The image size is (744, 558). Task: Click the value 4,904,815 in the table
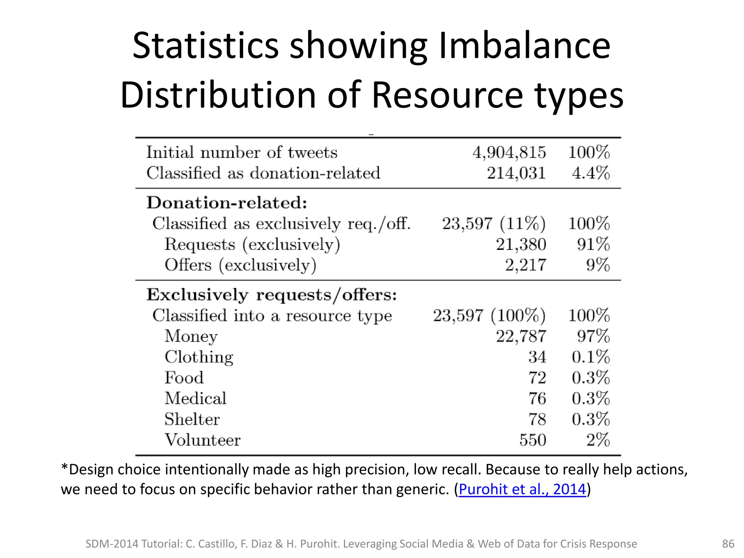pyautogui.click(x=509, y=153)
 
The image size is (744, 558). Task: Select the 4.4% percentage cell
pyautogui.click(x=590, y=173)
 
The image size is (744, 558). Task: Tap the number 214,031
pyautogui.click(x=516, y=173)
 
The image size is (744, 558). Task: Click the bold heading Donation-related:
pyautogui.click(x=227, y=203)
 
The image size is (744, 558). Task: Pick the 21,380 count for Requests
pyautogui.click(x=521, y=244)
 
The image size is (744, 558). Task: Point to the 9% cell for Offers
pyautogui.click(x=598, y=265)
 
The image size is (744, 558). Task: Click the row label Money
pyautogui.click(x=191, y=336)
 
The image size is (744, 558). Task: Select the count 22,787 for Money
pyautogui.click(x=521, y=336)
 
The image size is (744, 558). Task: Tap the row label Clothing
pyautogui.click(x=199, y=357)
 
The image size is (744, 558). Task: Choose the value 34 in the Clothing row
pyautogui.click(x=537, y=357)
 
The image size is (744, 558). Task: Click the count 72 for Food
pyautogui.click(x=537, y=378)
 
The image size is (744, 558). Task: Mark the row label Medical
pyautogui.click(x=195, y=399)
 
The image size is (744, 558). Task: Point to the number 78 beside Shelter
pyautogui.click(x=537, y=419)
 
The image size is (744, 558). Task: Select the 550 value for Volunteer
pyautogui.click(x=533, y=440)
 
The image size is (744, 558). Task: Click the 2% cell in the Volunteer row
pyautogui.click(x=598, y=440)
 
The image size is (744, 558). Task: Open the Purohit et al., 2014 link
pyautogui.click(x=522, y=489)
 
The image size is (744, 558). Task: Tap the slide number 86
pyautogui.click(x=728, y=544)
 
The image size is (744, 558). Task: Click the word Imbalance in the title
pyautogui.click(x=525, y=46)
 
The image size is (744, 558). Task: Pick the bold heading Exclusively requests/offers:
pyautogui.click(x=271, y=295)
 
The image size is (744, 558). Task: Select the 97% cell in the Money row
pyautogui.click(x=593, y=336)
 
